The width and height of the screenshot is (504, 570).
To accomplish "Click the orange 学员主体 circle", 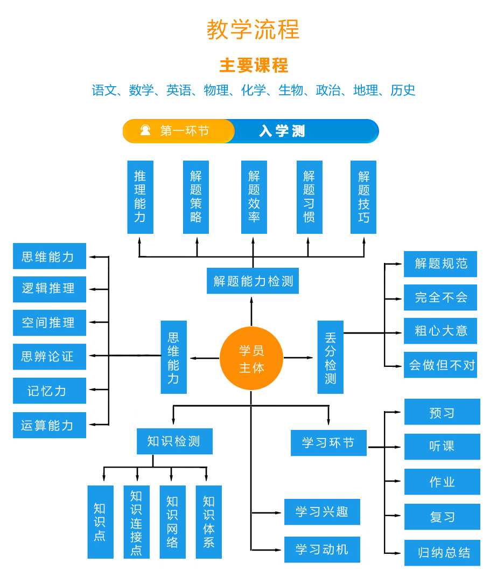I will click(x=251, y=358).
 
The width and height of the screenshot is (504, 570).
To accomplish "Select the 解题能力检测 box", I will click(x=253, y=281).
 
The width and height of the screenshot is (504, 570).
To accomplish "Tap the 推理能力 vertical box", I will click(x=140, y=197).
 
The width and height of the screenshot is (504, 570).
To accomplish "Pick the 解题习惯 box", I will click(x=309, y=197).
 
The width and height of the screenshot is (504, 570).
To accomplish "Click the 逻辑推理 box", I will click(x=49, y=289).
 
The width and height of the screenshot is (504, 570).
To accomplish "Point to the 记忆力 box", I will click(x=49, y=391).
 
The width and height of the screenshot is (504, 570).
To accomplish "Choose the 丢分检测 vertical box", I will click(x=330, y=357).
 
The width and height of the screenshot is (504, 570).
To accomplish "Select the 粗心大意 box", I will click(x=440, y=331).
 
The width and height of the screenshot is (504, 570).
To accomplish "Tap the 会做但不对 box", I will click(x=440, y=365).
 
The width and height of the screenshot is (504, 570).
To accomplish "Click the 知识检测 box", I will click(x=174, y=441).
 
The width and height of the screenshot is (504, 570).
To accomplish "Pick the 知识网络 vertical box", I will click(x=172, y=522).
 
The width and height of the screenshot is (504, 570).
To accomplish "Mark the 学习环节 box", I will click(x=328, y=443).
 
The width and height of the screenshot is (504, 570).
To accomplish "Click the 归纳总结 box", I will click(x=442, y=553).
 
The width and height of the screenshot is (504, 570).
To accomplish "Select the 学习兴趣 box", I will click(x=322, y=512).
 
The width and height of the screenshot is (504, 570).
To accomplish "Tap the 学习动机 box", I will click(x=322, y=550).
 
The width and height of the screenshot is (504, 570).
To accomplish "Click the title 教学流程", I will click(x=253, y=30).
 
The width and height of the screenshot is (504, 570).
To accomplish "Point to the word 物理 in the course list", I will click(x=216, y=91).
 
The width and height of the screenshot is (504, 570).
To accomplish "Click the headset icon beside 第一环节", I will click(x=145, y=130).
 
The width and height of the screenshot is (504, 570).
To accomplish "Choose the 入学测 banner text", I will click(x=282, y=131).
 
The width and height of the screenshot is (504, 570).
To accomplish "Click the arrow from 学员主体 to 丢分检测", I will click(x=299, y=358).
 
